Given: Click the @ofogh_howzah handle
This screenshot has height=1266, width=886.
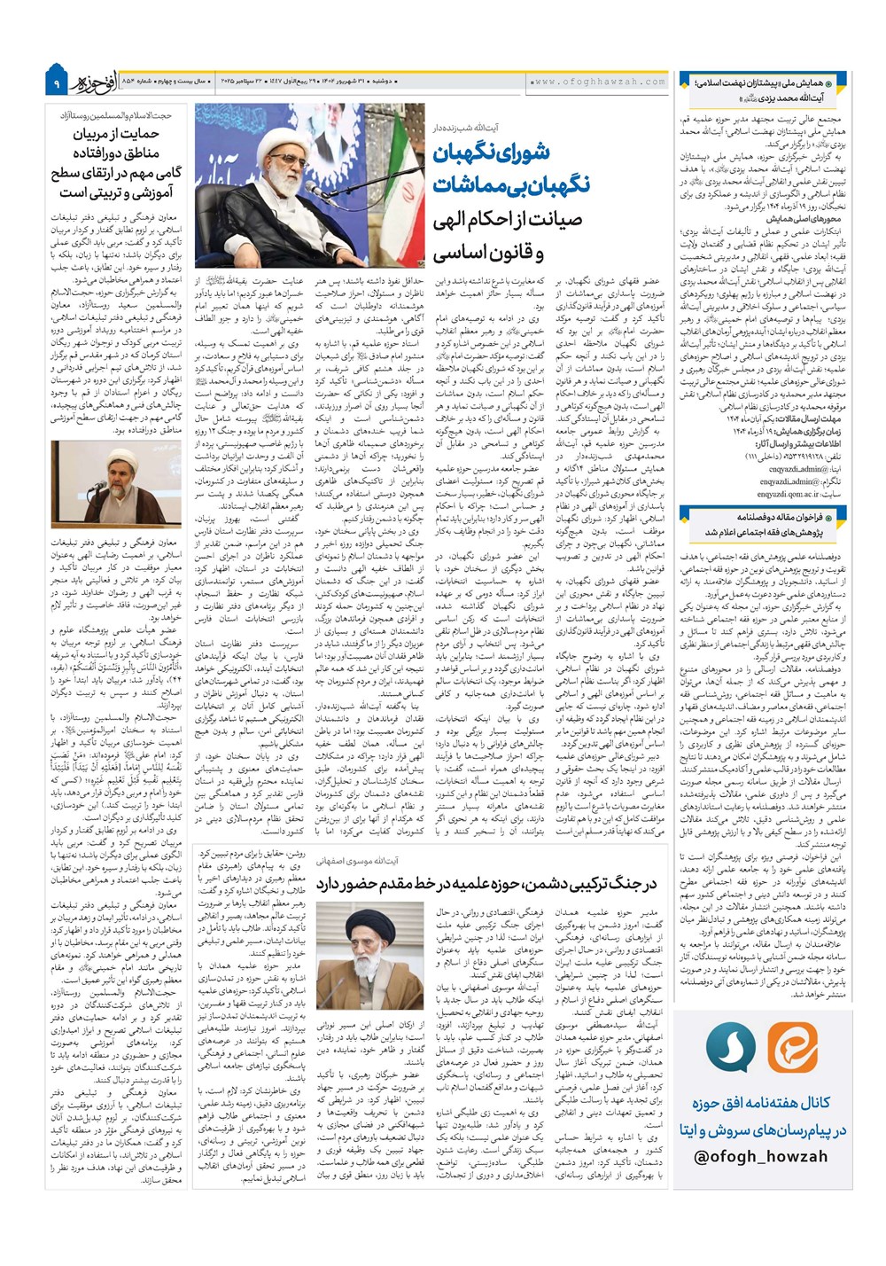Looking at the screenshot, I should point(760,1156).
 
